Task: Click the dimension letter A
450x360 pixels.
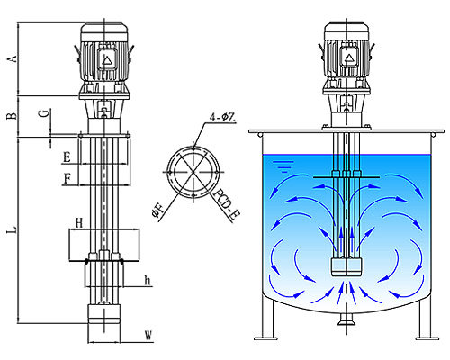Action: pos(12,58)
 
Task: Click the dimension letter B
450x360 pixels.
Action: pos(12,115)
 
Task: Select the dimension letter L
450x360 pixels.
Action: pos(12,230)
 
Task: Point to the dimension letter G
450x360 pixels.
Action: pos(44,113)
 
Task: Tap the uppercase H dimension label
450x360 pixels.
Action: pos(79,223)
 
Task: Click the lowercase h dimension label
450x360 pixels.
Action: pos(148,281)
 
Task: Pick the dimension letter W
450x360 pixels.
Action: pos(148,335)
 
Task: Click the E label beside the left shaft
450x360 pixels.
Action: pos(67,157)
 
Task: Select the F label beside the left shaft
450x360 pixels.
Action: pos(67,179)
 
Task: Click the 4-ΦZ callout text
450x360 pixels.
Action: pos(222,117)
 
